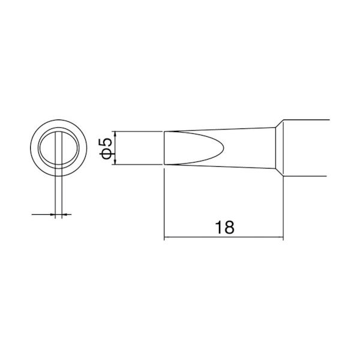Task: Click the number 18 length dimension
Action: pyautogui.click(x=223, y=227)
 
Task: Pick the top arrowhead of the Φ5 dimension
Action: pyautogui.click(x=113, y=134)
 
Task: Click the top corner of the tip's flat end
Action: pyautogui.click(x=164, y=131)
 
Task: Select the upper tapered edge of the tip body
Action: pyautogui.click(x=222, y=128)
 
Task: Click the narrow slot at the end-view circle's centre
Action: pyautogui.click(x=58, y=148)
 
